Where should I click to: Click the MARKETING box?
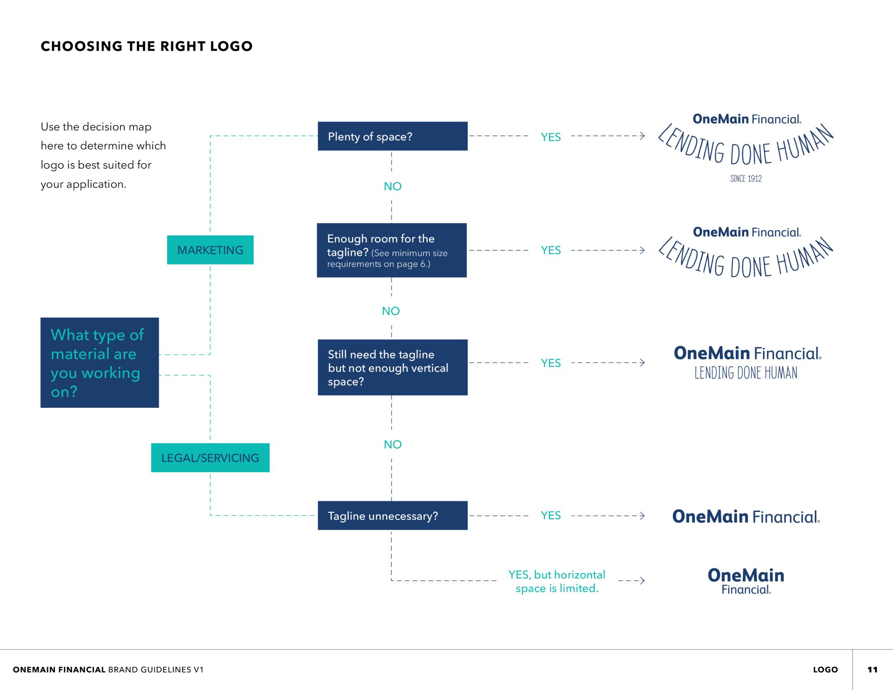210,250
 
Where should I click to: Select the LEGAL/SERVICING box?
210,458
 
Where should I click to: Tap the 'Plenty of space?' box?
393,136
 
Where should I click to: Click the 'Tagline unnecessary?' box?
393,516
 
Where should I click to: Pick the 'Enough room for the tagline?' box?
392,250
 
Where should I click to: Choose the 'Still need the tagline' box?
393,367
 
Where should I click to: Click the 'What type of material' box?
100,363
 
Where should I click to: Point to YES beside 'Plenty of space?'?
551,137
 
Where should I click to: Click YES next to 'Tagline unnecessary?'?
551,516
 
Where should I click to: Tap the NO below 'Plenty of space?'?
393,186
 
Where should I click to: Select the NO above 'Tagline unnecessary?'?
393,445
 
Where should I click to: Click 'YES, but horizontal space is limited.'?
557,581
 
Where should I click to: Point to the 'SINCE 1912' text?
746,179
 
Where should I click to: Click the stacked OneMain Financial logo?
746,581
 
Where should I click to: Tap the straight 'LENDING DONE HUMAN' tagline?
746,372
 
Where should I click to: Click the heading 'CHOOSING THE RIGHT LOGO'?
147,46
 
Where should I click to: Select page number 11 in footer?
872,670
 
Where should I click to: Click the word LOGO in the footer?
826,670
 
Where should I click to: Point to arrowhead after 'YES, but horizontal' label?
642,580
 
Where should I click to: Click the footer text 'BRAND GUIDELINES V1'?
156,670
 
